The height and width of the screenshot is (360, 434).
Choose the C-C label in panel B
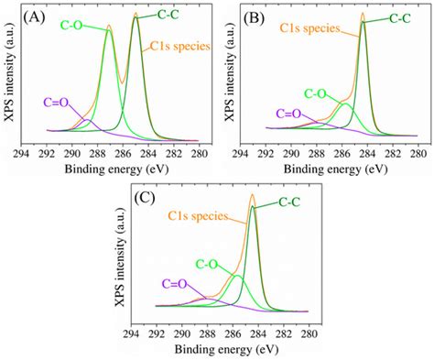pos(399,16)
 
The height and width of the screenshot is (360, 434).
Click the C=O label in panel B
pos(288,114)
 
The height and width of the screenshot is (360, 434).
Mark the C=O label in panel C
pos(176,285)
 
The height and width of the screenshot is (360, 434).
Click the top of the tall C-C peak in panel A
pos(136,16)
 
